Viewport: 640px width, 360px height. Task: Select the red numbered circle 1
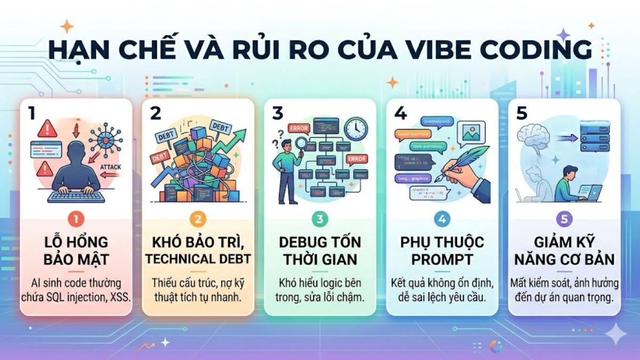click(75, 218)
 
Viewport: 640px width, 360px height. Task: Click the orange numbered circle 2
click(197, 219)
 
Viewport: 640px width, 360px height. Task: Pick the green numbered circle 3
click(320, 219)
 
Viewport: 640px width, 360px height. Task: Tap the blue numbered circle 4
click(442, 219)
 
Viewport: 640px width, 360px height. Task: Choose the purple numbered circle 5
click(564, 219)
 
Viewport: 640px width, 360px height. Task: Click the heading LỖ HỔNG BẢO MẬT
click(75, 251)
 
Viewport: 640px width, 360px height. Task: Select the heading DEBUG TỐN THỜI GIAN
click(320, 251)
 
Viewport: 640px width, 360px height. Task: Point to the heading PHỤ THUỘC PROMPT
click(442, 251)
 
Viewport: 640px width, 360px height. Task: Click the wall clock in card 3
click(355, 129)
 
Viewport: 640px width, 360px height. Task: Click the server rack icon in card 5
click(594, 136)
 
